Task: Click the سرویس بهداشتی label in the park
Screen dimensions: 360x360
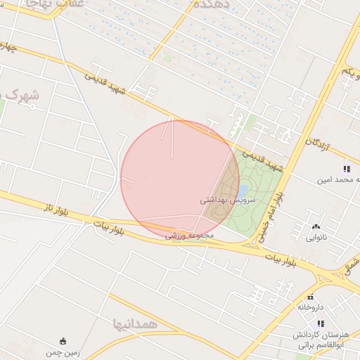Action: [228, 200]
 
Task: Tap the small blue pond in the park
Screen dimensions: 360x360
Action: [242, 191]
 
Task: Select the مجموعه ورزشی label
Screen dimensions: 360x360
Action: [190, 236]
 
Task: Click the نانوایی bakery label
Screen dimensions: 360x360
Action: [315, 238]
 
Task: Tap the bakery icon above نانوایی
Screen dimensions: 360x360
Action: [315, 226]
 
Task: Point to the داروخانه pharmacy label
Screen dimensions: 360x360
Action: [311, 307]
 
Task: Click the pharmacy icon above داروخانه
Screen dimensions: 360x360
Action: [311, 297]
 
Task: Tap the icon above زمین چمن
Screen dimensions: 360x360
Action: [63, 341]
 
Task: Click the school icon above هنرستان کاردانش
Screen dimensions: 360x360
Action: [321, 323]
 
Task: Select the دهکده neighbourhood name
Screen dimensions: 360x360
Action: [212, 4]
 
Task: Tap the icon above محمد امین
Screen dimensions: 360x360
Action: [346, 169]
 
